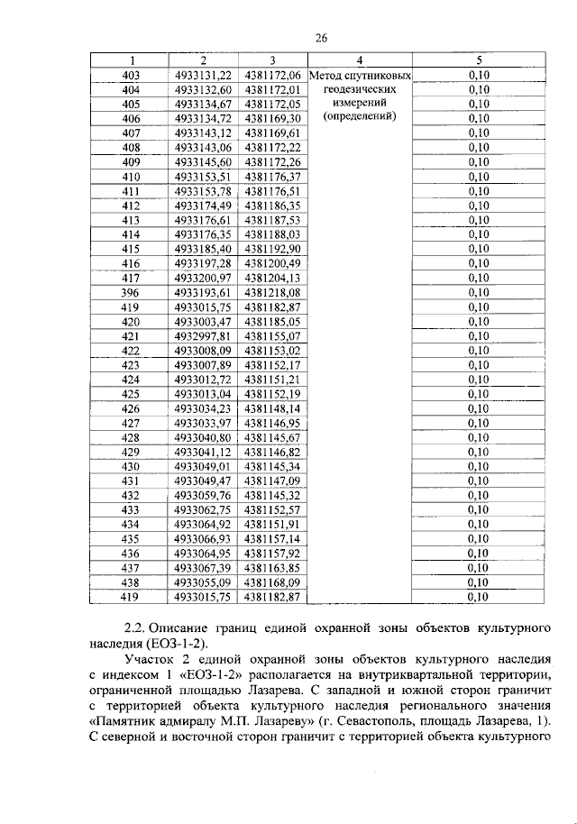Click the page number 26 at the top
pos(320,37)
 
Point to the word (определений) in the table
pos(359,117)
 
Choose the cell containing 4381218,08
pos(271,292)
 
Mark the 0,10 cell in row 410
pos(479,177)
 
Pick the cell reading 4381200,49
pos(271,263)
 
